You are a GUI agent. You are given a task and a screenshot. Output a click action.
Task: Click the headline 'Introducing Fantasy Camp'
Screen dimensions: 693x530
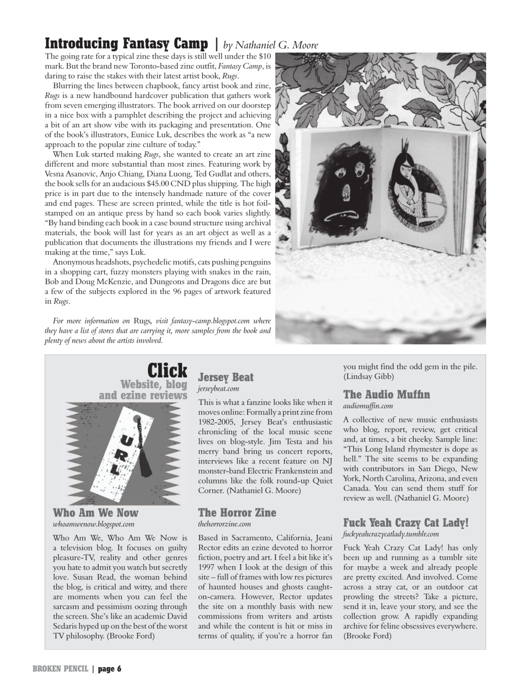126,43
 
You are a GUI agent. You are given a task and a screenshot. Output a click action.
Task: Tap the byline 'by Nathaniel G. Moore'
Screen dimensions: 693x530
270,45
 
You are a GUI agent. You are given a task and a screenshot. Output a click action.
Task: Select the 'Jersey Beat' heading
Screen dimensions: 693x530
225,377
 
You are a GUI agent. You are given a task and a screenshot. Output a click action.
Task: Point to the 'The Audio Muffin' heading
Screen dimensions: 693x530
386,394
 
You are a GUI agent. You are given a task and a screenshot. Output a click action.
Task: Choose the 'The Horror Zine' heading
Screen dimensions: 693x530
237,512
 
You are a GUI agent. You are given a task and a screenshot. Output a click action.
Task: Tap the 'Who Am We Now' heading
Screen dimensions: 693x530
95,512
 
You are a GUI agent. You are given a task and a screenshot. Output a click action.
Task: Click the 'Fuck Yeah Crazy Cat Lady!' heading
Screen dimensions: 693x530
406,522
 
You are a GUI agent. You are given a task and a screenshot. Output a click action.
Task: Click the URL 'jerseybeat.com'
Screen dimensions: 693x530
218,388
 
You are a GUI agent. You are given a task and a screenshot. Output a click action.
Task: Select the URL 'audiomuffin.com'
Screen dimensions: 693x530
368,406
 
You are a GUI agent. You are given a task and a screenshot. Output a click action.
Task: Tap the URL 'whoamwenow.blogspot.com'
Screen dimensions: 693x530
93,524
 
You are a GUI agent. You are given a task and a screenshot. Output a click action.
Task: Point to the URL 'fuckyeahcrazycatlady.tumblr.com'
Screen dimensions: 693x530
391,534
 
